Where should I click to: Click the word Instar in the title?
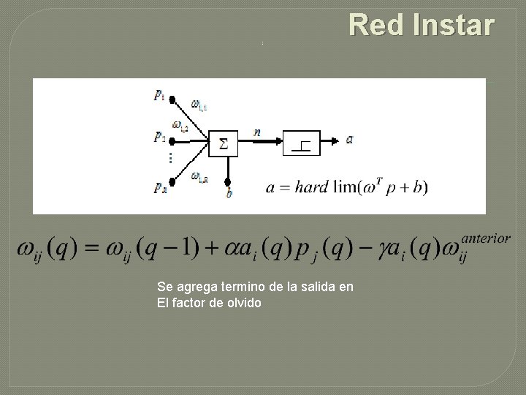pos(453,26)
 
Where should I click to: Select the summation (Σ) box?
pos(224,143)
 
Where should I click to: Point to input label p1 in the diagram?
pos(159,94)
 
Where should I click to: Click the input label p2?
pos(159,137)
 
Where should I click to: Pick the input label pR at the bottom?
pos(160,187)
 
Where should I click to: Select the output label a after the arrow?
pos(349,138)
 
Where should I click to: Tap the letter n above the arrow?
pos(257,132)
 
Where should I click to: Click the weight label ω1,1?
pos(199,105)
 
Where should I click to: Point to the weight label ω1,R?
pos(199,176)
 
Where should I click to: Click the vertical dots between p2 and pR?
pos(169,158)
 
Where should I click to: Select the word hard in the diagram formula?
pos(310,187)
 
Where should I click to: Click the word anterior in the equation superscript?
pos(486,238)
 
